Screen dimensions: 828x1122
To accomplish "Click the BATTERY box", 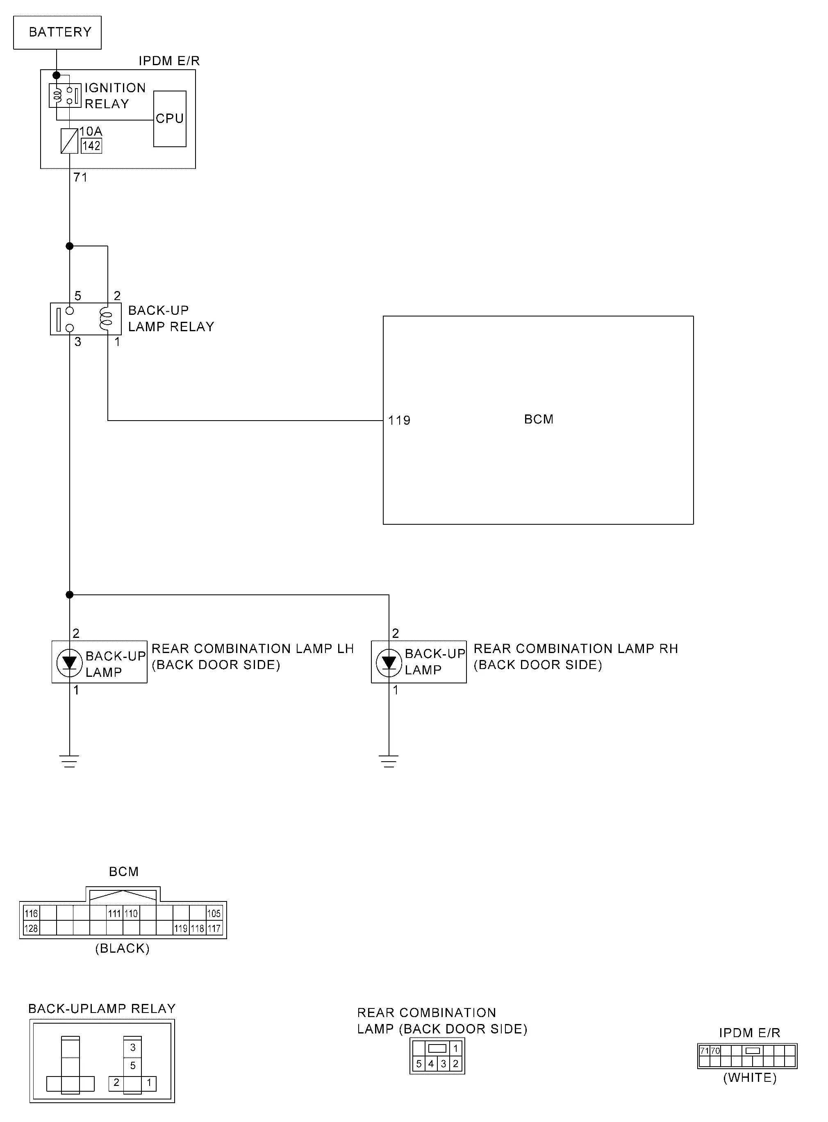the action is (57, 32).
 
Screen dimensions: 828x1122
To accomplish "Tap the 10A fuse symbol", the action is (69, 141).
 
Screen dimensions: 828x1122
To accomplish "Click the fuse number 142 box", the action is (92, 146).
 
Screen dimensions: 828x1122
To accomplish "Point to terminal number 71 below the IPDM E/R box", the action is (80, 178).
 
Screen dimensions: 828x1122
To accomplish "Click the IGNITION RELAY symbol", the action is (65, 95).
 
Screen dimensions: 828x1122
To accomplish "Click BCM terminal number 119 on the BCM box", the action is (399, 421).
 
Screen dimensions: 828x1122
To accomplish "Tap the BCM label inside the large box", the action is (539, 419).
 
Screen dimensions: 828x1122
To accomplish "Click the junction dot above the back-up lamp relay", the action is (70, 246).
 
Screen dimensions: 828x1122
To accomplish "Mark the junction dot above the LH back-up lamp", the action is (70, 595).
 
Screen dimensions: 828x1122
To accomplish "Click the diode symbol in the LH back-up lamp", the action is (69, 662).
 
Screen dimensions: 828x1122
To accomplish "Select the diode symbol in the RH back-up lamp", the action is (389, 662).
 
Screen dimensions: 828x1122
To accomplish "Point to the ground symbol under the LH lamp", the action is (70, 761).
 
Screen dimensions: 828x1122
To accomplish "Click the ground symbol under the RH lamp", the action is (389, 761).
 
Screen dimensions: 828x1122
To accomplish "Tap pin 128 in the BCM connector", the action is (31, 929).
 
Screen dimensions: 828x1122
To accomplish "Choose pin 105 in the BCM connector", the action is (214, 913).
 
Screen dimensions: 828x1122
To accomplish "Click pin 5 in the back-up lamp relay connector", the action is (133, 1065).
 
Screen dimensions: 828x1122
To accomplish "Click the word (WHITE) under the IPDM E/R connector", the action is (750, 1078).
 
